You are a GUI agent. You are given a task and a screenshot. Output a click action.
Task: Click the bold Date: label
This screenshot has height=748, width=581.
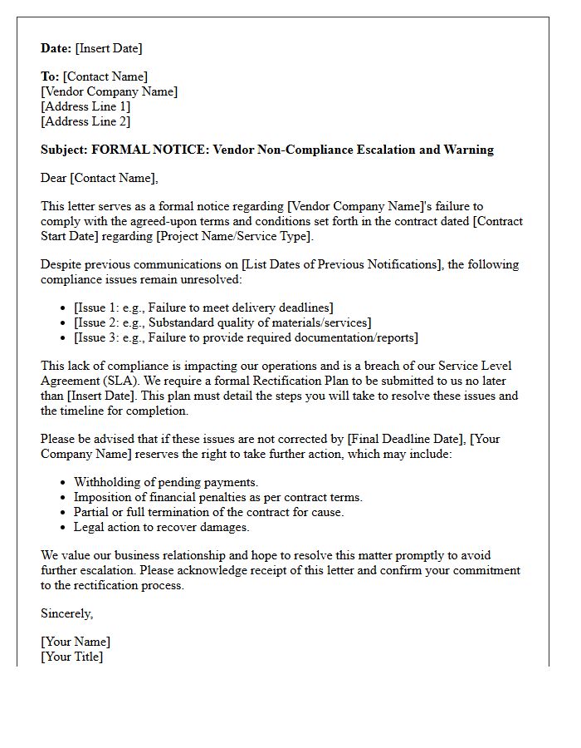pyautogui.click(x=56, y=48)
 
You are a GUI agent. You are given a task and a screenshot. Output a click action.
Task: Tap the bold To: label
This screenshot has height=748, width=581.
pyautogui.click(x=50, y=77)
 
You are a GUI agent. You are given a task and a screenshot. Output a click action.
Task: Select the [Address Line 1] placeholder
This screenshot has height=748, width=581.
pyautogui.click(x=85, y=106)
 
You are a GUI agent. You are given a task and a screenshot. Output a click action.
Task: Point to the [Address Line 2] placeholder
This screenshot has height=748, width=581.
pyautogui.click(x=85, y=121)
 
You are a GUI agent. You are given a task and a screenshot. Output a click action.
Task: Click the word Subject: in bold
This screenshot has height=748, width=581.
pyautogui.click(x=64, y=150)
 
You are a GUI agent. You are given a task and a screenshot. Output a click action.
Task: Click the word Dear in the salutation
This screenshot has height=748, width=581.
pyautogui.click(x=54, y=178)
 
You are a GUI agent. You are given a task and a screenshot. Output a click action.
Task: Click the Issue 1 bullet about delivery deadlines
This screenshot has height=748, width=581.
pyautogui.click(x=203, y=308)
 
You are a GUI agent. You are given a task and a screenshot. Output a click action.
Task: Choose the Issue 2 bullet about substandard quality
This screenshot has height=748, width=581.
pyautogui.click(x=222, y=322)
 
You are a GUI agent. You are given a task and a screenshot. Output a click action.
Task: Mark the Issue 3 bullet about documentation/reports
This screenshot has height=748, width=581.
pyautogui.click(x=246, y=337)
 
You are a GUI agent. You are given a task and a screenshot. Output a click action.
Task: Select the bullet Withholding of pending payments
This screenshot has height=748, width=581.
pyautogui.click(x=166, y=482)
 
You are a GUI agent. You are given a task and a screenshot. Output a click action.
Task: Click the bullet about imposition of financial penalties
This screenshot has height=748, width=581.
pyautogui.click(x=217, y=497)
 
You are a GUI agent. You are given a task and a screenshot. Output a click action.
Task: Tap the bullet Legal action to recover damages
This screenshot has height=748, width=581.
pyautogui.click(x=161, y=527)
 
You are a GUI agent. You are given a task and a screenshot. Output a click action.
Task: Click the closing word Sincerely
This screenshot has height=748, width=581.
pyautogui.click(x=67, y=613)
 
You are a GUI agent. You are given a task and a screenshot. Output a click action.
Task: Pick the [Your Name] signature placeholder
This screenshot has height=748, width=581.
pyautogui.click(x=76, y=642)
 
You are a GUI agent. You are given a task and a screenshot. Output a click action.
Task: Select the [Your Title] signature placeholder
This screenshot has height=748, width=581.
pyautogui.click(x=72, y=657)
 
